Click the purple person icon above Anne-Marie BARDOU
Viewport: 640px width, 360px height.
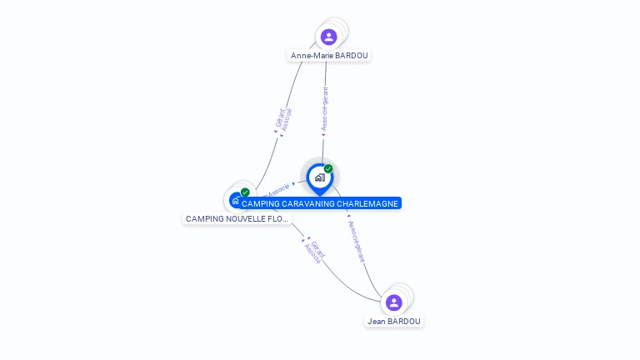329,37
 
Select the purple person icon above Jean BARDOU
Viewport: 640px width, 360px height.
394,302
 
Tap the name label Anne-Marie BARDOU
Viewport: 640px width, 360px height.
329,56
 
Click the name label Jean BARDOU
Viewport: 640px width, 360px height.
394,321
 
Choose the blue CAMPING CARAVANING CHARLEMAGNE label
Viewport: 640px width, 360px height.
320,203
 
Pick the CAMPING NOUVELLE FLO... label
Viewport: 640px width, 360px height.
237,218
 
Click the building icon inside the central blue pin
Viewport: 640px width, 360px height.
319,177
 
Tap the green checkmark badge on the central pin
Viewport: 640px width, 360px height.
328,169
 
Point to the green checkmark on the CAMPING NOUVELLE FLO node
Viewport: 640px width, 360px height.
245,192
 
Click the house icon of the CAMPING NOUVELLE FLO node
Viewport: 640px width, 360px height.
236,201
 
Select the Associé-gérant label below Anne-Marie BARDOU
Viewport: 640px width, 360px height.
325,110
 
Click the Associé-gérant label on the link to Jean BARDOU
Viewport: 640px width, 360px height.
356,241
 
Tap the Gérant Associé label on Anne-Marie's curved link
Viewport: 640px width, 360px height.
283,120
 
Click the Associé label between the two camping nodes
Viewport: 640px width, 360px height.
278,191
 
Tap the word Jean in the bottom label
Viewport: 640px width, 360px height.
376,321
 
